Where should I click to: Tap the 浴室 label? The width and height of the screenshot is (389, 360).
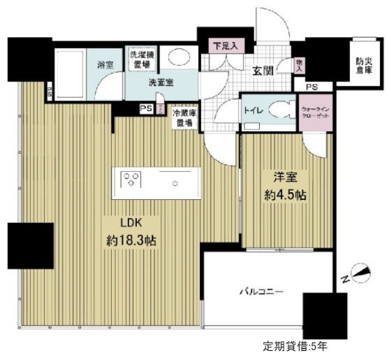tap(105, 66)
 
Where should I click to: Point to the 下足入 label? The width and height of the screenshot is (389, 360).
tap(225, 48)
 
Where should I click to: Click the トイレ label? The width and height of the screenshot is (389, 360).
tap(253, 110)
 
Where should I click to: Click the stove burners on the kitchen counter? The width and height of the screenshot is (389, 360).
tap(131, 181)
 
